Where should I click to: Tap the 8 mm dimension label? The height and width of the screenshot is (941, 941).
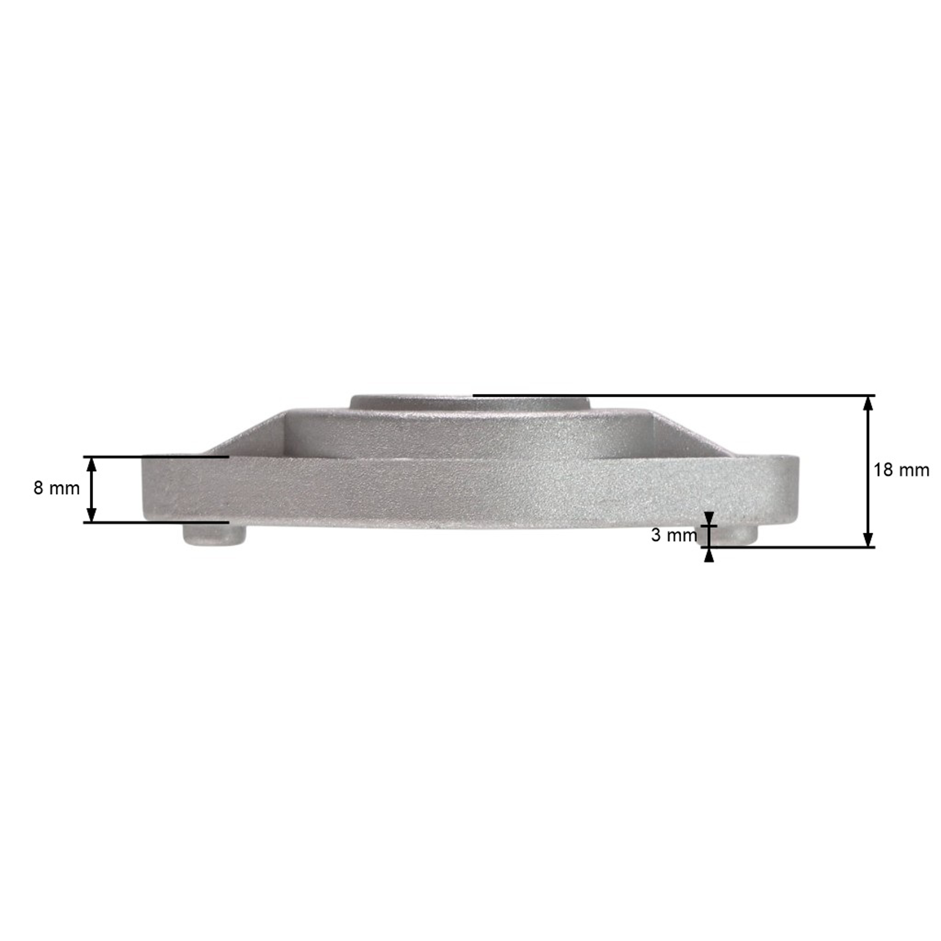[56, 488]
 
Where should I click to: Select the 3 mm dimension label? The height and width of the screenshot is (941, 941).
[674, 536]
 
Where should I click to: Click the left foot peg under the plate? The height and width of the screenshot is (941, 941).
[214, 534]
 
